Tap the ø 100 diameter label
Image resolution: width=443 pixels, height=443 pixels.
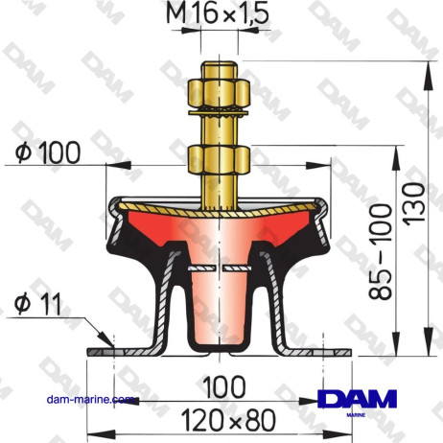pyautogui.click(x=48, y=151)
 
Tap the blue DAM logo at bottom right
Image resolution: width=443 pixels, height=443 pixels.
pyautogui.click(x=356, y=402)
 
